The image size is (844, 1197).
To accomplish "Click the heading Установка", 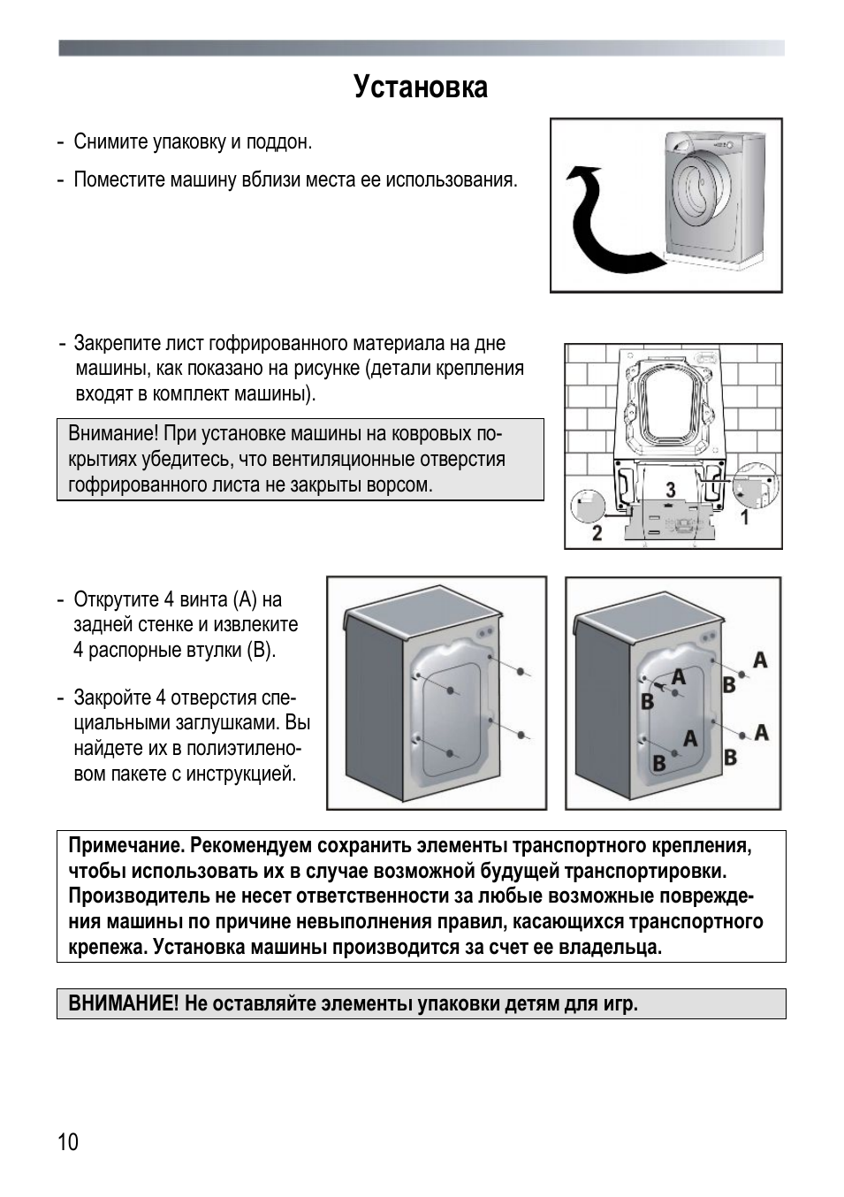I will click(421, 88).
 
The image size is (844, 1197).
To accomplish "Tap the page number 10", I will click(68, 1141).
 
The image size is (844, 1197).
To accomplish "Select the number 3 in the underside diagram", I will click(671, 490).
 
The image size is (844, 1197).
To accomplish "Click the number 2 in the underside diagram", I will click(597, 533).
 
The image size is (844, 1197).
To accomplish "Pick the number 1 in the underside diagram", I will click(745, 517).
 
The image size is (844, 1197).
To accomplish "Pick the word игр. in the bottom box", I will click(621, 1003).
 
